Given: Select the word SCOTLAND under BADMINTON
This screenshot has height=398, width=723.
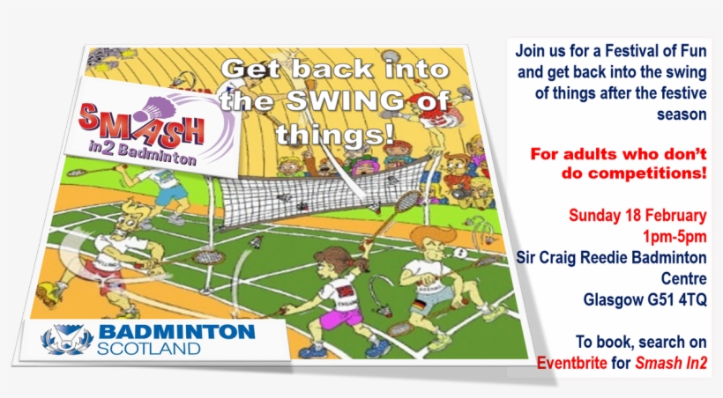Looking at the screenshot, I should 149,349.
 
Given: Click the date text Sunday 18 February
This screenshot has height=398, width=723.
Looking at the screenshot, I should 638,215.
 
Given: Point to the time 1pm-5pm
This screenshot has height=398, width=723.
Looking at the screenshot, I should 675,236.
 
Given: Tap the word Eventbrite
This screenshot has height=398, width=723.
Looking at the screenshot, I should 572,362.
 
